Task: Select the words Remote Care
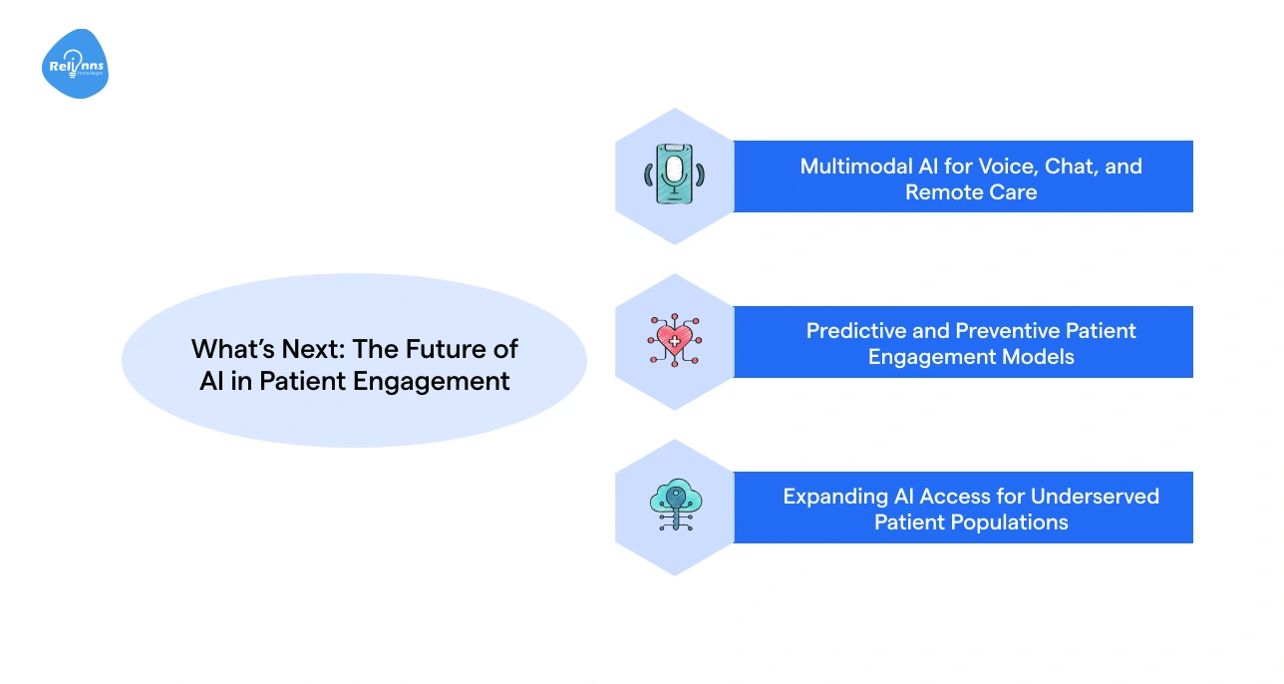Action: click(971, 192)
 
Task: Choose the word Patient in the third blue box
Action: click(909, 522)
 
